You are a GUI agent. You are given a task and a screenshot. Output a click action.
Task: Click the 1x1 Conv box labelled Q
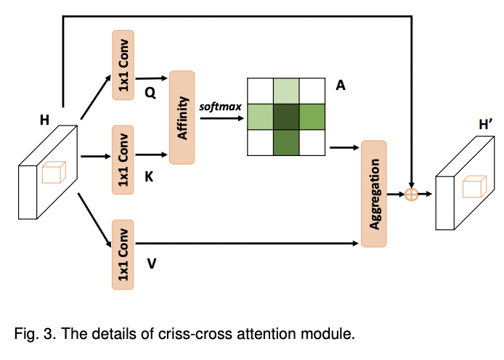(123, 65)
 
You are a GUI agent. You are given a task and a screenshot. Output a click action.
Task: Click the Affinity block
(182, 116)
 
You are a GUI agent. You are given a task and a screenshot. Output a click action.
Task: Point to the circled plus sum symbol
(411, 195)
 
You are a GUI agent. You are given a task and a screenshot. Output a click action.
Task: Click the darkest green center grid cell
(287, 116)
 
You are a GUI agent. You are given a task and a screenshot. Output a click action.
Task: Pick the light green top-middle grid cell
(287, 90)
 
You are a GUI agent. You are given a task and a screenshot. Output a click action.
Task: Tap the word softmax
(221, 107)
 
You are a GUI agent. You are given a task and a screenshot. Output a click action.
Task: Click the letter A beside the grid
(339, 86)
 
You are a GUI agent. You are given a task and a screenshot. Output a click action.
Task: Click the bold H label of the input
(44, 119)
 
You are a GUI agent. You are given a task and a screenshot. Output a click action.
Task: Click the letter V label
(151, 264)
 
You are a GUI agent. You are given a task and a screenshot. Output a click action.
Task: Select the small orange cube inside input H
(53, 174)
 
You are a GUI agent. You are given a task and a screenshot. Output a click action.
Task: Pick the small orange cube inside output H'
(475, 187)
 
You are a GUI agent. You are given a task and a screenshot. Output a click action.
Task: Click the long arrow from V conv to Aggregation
(247, 245)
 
